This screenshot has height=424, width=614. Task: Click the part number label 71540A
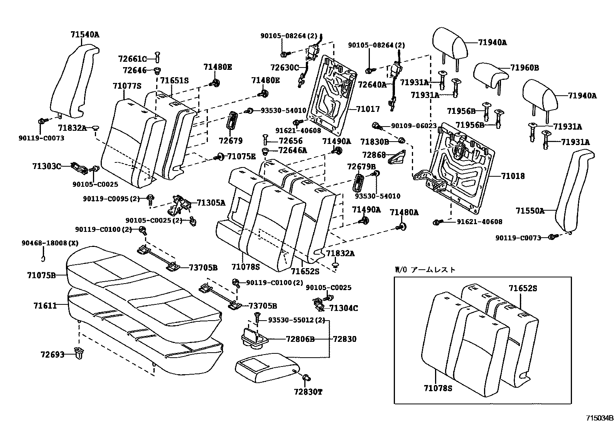[x=85, y=35]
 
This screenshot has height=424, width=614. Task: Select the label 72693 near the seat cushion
[x=52, y=354]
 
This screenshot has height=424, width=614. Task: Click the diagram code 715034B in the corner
[x=599, y=418]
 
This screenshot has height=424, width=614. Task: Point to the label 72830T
[x=308, y=392]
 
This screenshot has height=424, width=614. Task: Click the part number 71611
[x=45, y=306]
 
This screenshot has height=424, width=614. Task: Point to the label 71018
[x=513, y=176]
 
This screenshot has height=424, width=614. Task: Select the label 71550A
[x=530, y=211]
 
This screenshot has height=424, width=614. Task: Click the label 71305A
[x=211, y=203]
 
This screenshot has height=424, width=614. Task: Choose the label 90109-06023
[x=414, y=126]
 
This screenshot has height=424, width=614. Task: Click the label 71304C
[x=344, y=308]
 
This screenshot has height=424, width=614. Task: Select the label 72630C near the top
[x=285, y=68]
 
